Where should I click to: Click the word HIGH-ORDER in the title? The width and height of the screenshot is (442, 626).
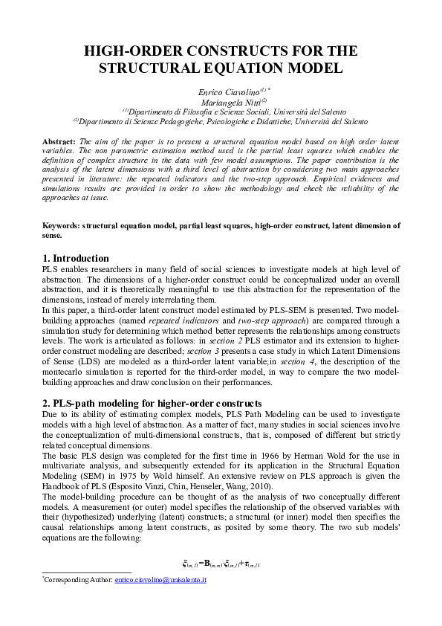[x=126, y=51]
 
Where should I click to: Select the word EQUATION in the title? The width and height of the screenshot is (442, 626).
[x=234, y=68]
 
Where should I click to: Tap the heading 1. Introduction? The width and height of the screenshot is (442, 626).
[x=76, y=258]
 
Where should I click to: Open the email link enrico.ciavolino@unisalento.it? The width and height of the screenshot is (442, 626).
[x=160, y=579]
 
